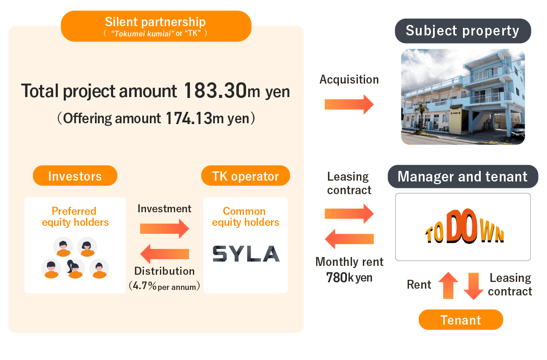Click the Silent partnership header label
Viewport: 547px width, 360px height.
pos(156,22)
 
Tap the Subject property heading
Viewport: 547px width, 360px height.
pos(463,31)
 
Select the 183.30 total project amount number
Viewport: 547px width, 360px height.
pos(215,91)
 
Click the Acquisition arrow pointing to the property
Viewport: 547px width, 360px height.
pos(349,104)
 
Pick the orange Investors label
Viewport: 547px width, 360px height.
pos(75,176)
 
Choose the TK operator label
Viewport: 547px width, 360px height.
pos(245,176)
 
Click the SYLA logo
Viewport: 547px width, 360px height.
pos(246,254)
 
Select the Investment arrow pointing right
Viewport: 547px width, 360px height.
pos(164,228)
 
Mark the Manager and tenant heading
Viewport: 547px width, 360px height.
pos(463,176)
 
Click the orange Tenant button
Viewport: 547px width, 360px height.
pos(460,320)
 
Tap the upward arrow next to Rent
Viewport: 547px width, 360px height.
pos(448,286)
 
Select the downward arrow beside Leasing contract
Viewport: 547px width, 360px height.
pos(473,286)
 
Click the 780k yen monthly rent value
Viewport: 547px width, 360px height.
pos(349,278)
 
